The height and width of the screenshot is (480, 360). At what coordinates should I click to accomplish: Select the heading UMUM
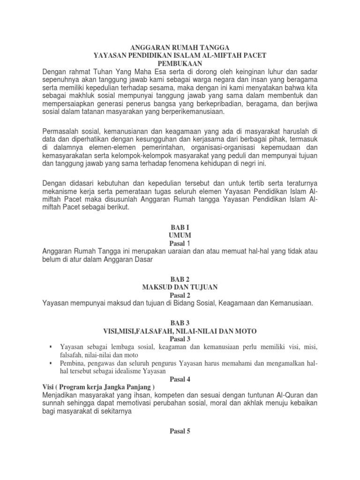coord(180,234)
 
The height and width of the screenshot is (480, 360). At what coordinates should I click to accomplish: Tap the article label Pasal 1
coord(180,243)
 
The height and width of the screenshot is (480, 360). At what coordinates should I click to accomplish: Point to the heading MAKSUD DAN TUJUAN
coord(180,287)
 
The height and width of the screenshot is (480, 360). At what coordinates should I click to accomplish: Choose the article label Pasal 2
coord(180,295)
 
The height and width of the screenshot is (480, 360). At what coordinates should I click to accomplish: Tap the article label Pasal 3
coord(180,338)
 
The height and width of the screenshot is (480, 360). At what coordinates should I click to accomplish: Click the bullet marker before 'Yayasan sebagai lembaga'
coord(50,346)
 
